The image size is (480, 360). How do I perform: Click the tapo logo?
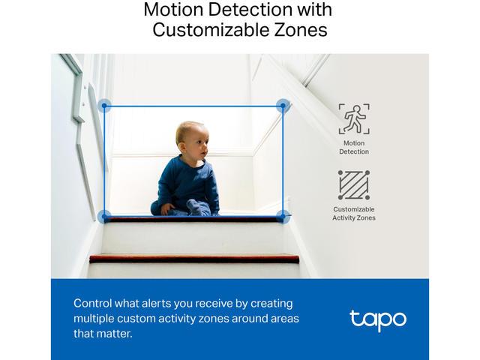(378, 320)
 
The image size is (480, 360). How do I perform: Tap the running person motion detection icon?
(354, 118)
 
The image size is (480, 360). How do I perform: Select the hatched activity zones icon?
(354, 185)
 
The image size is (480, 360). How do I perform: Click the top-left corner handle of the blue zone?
(104, 106)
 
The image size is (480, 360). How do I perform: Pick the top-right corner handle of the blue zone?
(283, 106)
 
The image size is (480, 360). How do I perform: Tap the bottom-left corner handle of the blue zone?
(104, 217)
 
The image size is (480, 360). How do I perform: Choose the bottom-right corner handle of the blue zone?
(283, 217)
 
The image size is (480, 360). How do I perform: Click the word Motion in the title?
(174, 10)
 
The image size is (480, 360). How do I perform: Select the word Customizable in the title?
(210, 30)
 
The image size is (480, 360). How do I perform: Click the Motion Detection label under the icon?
(354, 147)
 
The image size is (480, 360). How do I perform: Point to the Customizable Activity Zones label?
(354, 213)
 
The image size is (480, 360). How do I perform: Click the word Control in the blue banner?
(93, 303)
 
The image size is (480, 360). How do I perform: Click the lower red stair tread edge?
(194, 259)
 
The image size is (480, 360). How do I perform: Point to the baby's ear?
(183, 147)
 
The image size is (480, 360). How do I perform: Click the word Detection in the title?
(250, 10)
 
